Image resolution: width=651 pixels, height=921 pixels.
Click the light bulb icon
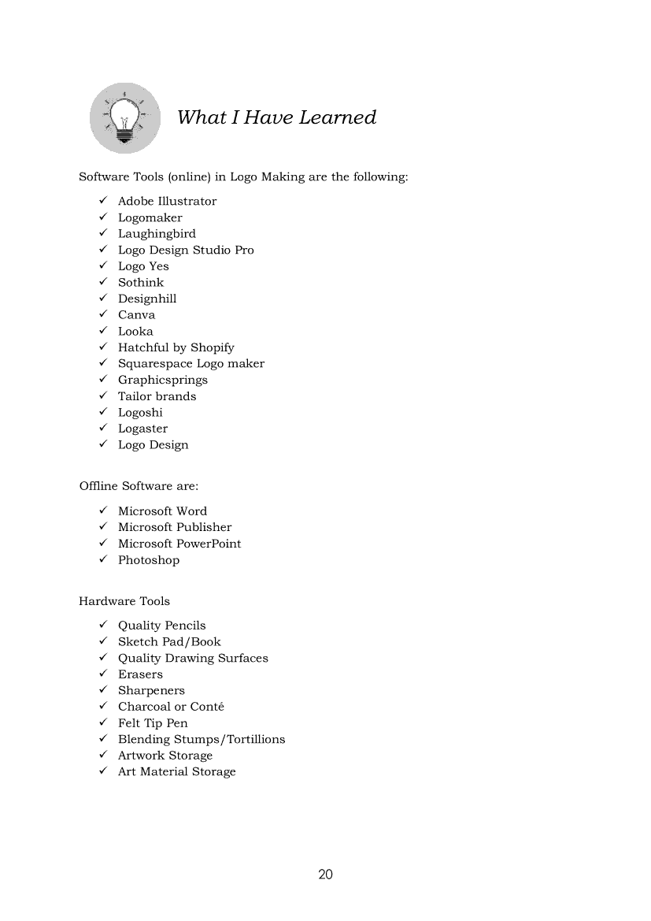[x=124, y=118]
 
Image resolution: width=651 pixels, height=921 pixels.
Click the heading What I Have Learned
[x=276, y=117]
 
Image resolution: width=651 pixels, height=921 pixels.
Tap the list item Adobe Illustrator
[x=167, y=201]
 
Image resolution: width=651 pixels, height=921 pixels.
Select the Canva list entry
[x=136, y=314]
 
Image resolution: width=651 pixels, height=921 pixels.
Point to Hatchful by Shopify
[x=176, y=347]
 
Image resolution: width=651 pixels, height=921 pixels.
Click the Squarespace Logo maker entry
[x=190, y=363]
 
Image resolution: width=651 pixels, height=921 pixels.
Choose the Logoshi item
[x=140, y=412]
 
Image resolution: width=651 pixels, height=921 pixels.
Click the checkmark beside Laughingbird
[x=102, y=233]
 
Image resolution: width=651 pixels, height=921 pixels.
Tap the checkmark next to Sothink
[x=102, y=282]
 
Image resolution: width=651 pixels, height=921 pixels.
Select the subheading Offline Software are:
[x=139, y=486]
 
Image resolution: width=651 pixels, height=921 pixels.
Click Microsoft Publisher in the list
[x=175, y=527]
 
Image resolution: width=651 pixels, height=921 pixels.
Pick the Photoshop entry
[x=149, y=560]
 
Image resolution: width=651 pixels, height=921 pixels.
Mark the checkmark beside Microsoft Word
[x=102, y=511]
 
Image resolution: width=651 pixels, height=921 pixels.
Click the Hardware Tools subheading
[x=124, y=601]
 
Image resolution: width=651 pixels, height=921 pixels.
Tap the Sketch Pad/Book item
[x=169, y=641]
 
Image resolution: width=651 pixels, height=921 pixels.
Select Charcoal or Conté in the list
[x=171, y=707]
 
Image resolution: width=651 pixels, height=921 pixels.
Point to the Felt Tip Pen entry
[x=153, y=722]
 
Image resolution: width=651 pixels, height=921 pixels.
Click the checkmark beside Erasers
[x=102, y=674]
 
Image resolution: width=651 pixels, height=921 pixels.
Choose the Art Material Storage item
[x=176, y=771]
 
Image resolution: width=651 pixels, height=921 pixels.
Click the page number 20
[x=326, y=874]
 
